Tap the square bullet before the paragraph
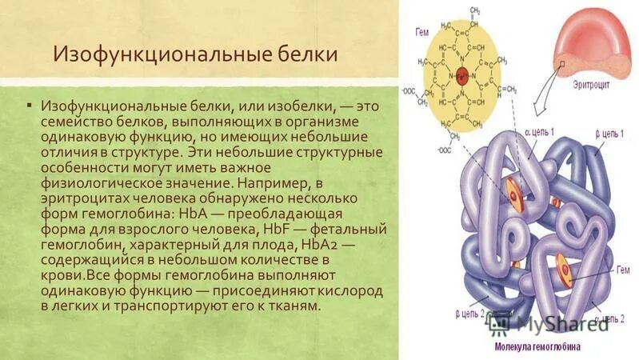(x=29, y=104)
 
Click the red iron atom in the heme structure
(x=461, y=78)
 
